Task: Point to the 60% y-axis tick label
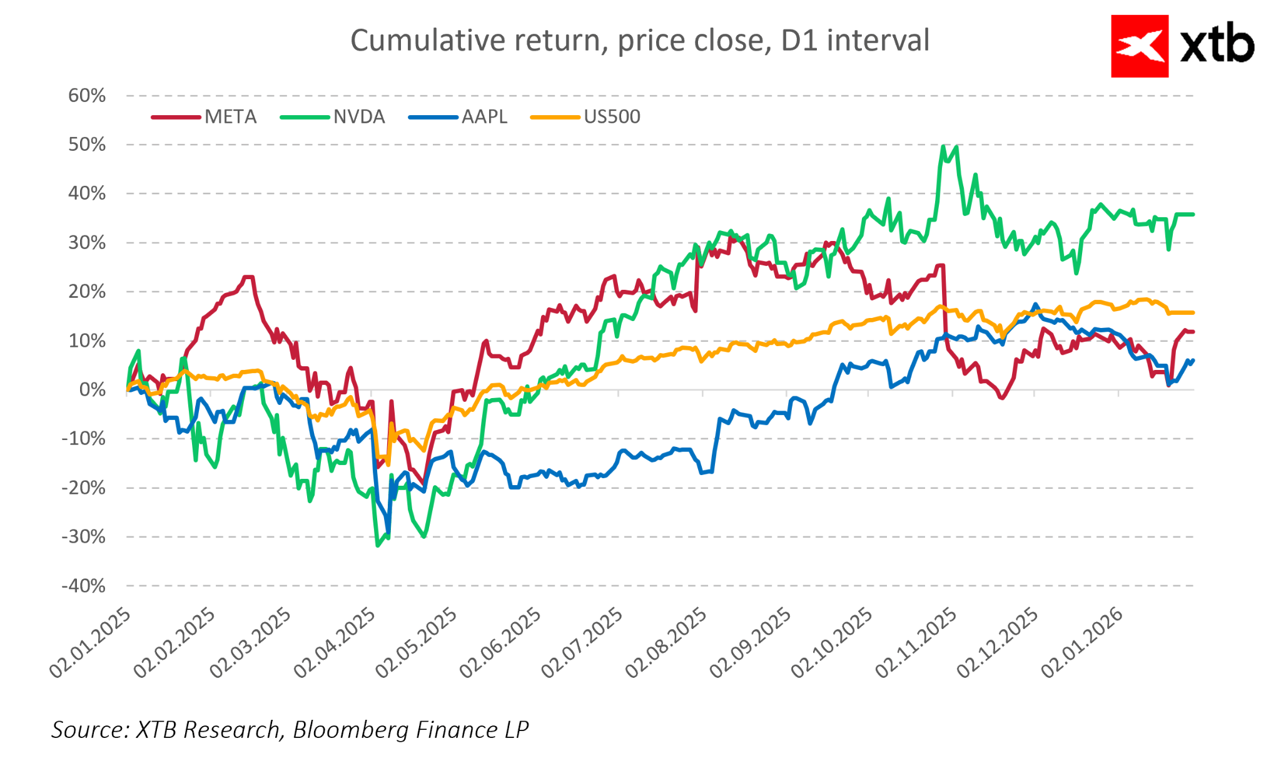[x=87, y=96]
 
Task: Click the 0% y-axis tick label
[x=93, y=390]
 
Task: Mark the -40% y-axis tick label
[x=83, y=586]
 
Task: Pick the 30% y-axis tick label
[x=87, y=243]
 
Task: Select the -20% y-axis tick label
[x=83, y=488]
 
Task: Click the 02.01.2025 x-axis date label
[x=91, y=642]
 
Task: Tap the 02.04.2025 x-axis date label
[x=335, y=642]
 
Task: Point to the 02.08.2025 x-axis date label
[x=667, y=642]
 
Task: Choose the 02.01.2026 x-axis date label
[x=1083, y=642]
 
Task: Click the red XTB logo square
[x=1139, y=46]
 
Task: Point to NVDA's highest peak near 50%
[x=943, y=147]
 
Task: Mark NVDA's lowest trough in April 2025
[x=377, y=545]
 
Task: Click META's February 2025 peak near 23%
[x=248, y=277]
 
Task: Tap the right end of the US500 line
[x=1193, y=312]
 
